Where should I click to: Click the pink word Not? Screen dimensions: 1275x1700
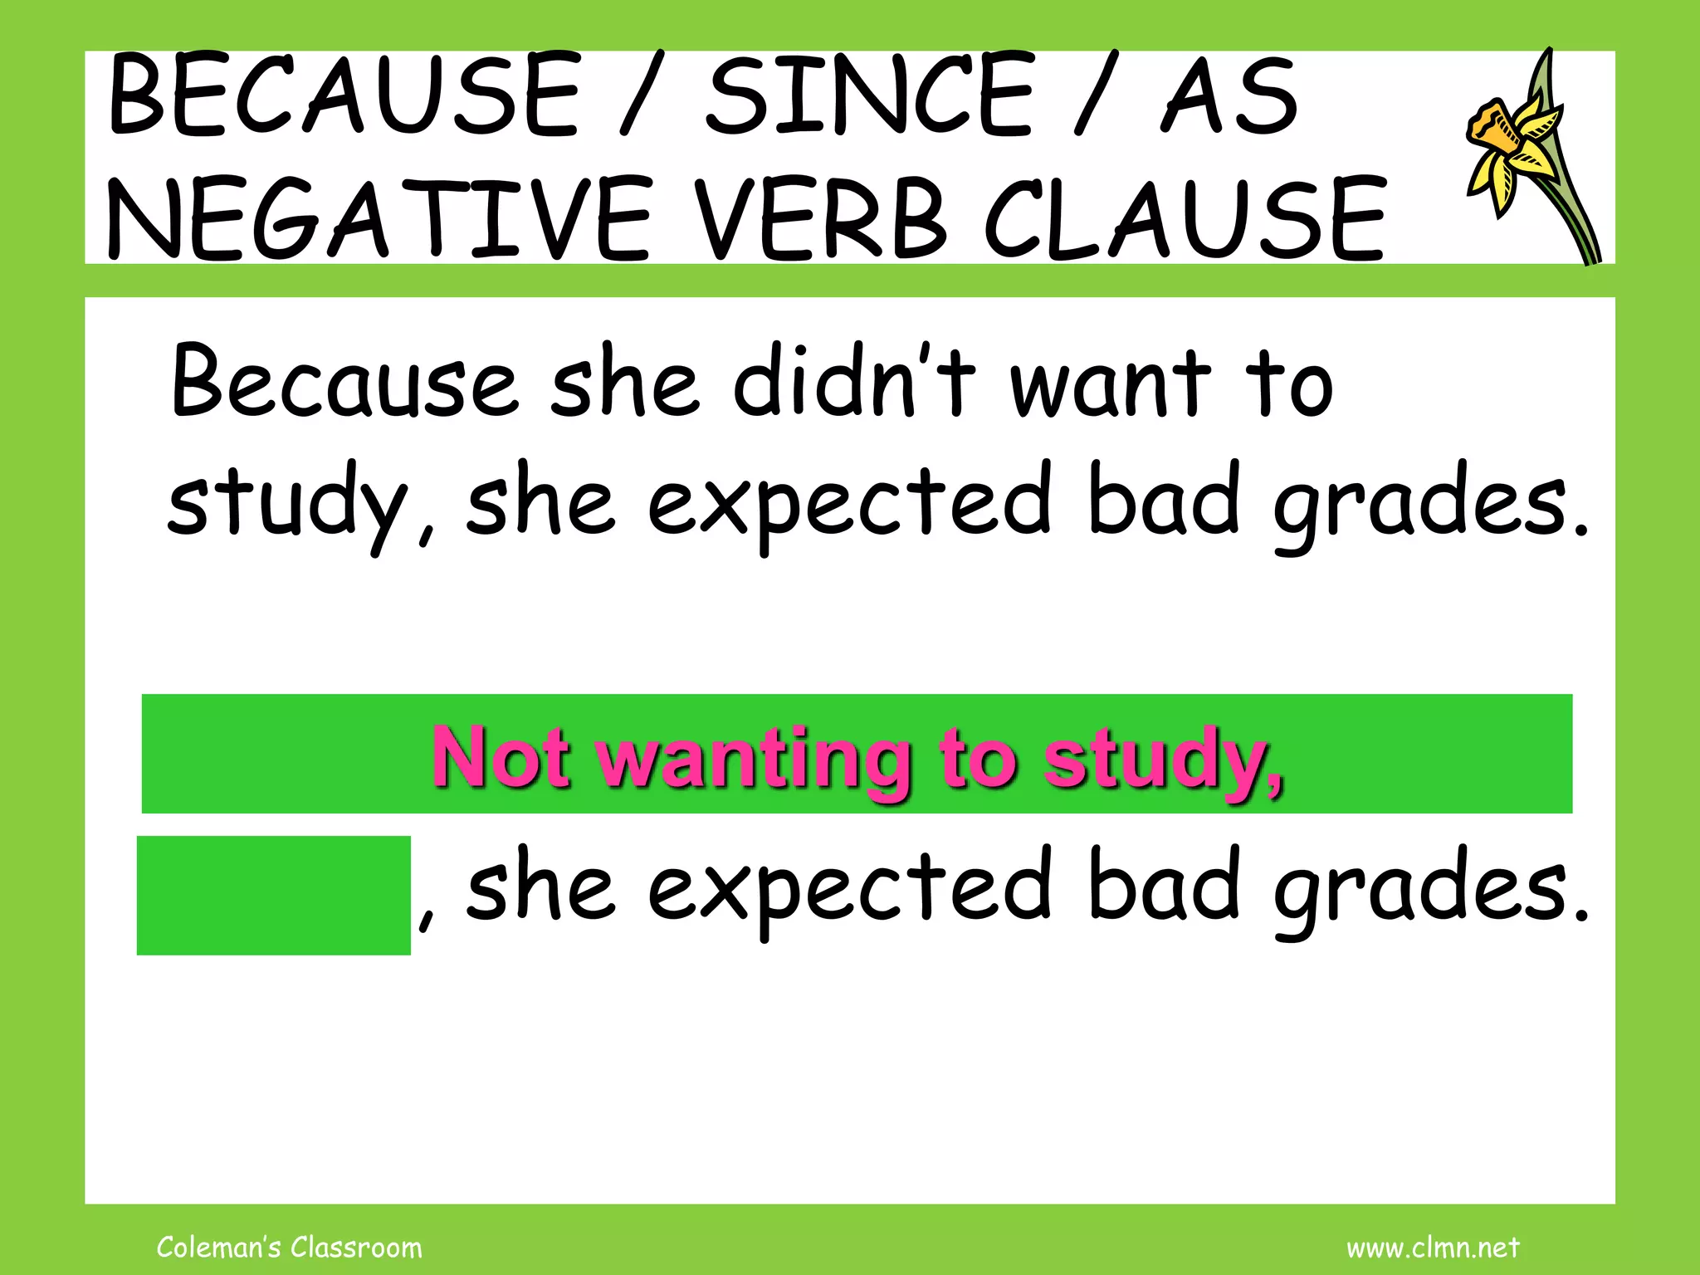pos(501,757)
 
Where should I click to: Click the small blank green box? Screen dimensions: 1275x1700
pos(273,895)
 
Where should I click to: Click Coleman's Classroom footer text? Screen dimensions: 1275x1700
pos(289,1247)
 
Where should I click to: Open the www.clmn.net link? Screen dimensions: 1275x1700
pos(1433,1247)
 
